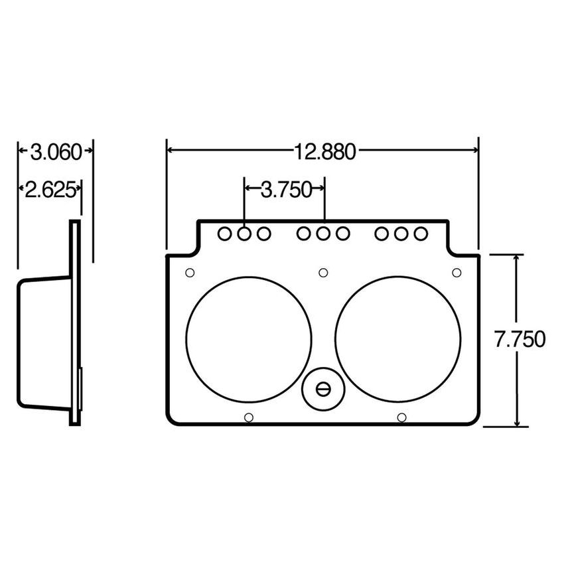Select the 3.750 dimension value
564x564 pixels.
coord(285,190)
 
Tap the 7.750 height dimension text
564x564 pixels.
coord(520,339)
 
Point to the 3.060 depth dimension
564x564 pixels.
coord(56,152)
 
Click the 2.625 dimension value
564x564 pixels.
coord(48,190)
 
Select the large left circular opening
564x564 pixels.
coord(249,338)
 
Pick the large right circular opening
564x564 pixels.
coord(398,338)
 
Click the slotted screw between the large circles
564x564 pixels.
coord(323,389)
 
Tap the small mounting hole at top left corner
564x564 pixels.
coord(190,273)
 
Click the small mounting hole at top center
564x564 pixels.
coord(323,273)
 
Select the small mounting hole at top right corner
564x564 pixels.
coord(457,273)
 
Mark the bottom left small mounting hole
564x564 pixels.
coord(249,417)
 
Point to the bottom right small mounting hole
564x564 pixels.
coord(401,417)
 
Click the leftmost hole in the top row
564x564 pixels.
coord(224,234)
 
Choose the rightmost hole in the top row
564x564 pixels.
coord(420,234)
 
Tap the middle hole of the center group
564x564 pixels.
coord(323,234)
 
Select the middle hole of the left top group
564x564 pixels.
coord(244,234)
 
